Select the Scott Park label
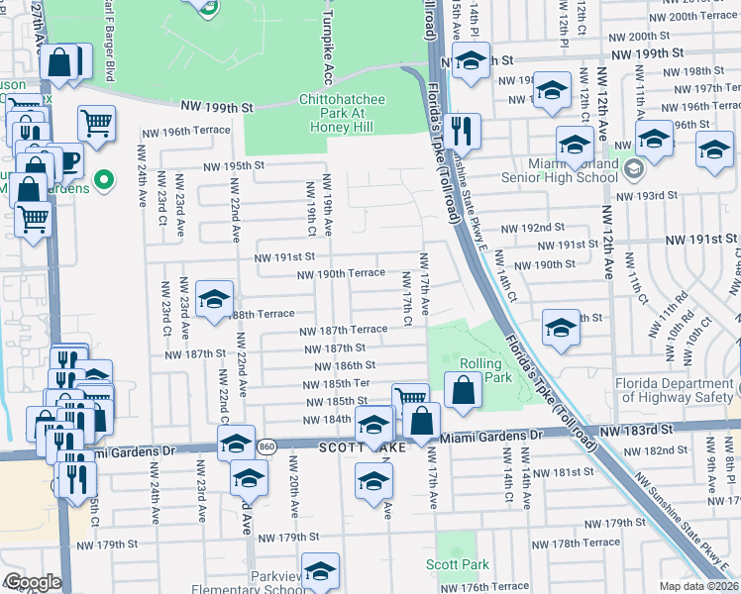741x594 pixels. pyautogui.click(x=458, y=564)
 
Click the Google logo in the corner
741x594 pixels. pyautogui.click(x=32, y=582)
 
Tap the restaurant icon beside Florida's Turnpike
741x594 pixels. pyautogui.click(x=462, y=130)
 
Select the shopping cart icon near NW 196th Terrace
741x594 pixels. pyautogui.click(x=97, y=123)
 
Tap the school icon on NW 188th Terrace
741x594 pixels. pyautogui.click(x=214, y=299)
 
